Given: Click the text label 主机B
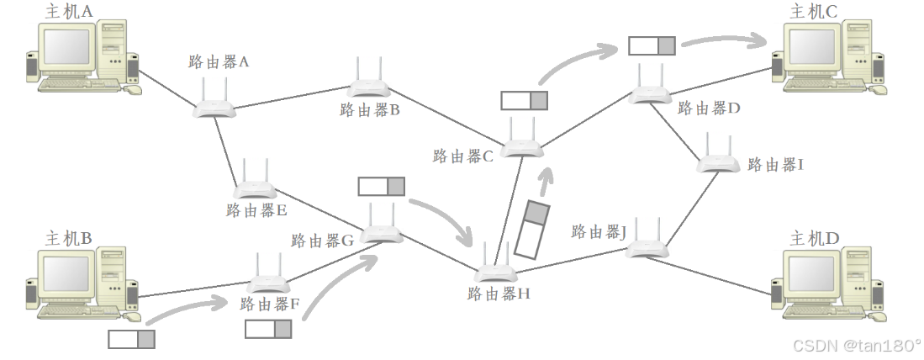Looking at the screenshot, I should point(68,238).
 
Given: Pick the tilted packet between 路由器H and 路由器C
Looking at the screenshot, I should point(531,229).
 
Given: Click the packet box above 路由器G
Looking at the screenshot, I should point(381,186).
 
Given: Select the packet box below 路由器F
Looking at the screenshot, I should point(268,329).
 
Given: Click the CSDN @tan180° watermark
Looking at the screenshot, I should point(857,345).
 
